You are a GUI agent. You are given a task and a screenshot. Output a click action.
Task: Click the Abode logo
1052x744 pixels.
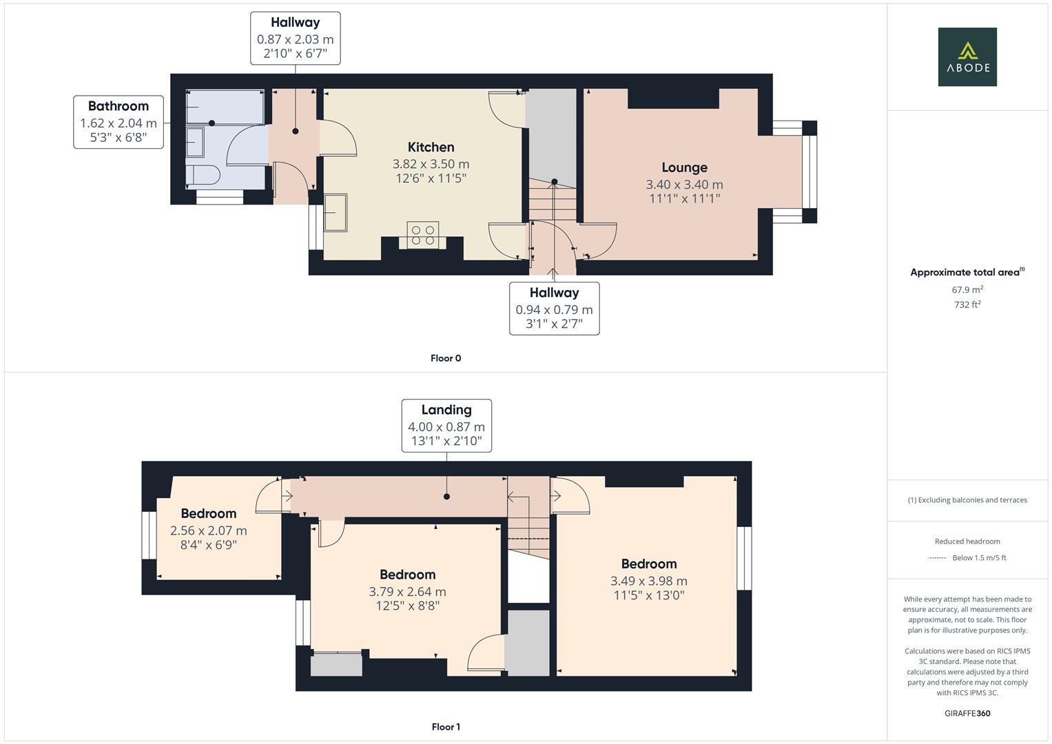[x=967, y=56]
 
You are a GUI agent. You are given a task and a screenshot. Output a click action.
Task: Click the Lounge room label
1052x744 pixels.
[x=684, y=167]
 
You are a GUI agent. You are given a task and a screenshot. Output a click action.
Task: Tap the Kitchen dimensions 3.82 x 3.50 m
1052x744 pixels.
[x=431, y=164]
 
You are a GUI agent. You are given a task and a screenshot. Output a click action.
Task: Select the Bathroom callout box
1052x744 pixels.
[x=118, y=122]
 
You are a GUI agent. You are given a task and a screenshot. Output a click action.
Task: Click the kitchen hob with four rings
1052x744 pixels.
[x=422, y=234]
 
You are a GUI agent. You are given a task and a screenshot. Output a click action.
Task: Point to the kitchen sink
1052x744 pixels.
[x=336, y=212]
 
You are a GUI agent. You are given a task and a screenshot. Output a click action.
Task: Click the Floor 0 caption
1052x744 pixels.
[x=445, y=358]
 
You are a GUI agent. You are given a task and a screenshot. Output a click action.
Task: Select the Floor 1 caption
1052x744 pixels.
[x=445, y=727]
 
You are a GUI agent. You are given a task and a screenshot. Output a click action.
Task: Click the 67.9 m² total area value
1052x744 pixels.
[x=967, y=290]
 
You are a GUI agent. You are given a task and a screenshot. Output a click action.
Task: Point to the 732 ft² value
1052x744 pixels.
[x=967, y=304]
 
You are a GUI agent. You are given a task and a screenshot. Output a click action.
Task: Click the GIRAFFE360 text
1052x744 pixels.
[x=967, y=713]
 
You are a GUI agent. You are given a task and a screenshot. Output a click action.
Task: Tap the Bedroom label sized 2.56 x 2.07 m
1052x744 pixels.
[x=208, y=514]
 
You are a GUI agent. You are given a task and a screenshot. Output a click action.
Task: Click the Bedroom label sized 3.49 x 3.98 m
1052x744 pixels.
[x=648, y=564]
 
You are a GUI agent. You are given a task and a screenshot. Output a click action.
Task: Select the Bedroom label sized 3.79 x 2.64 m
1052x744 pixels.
[x=407, y=575]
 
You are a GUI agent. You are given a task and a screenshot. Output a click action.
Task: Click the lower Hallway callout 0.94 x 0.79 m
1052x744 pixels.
[x=554, y=308]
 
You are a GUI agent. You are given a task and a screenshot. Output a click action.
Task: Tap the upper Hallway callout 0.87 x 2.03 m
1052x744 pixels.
[x=295, y=38]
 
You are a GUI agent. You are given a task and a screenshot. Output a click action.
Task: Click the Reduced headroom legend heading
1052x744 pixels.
[x=967, y=541]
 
